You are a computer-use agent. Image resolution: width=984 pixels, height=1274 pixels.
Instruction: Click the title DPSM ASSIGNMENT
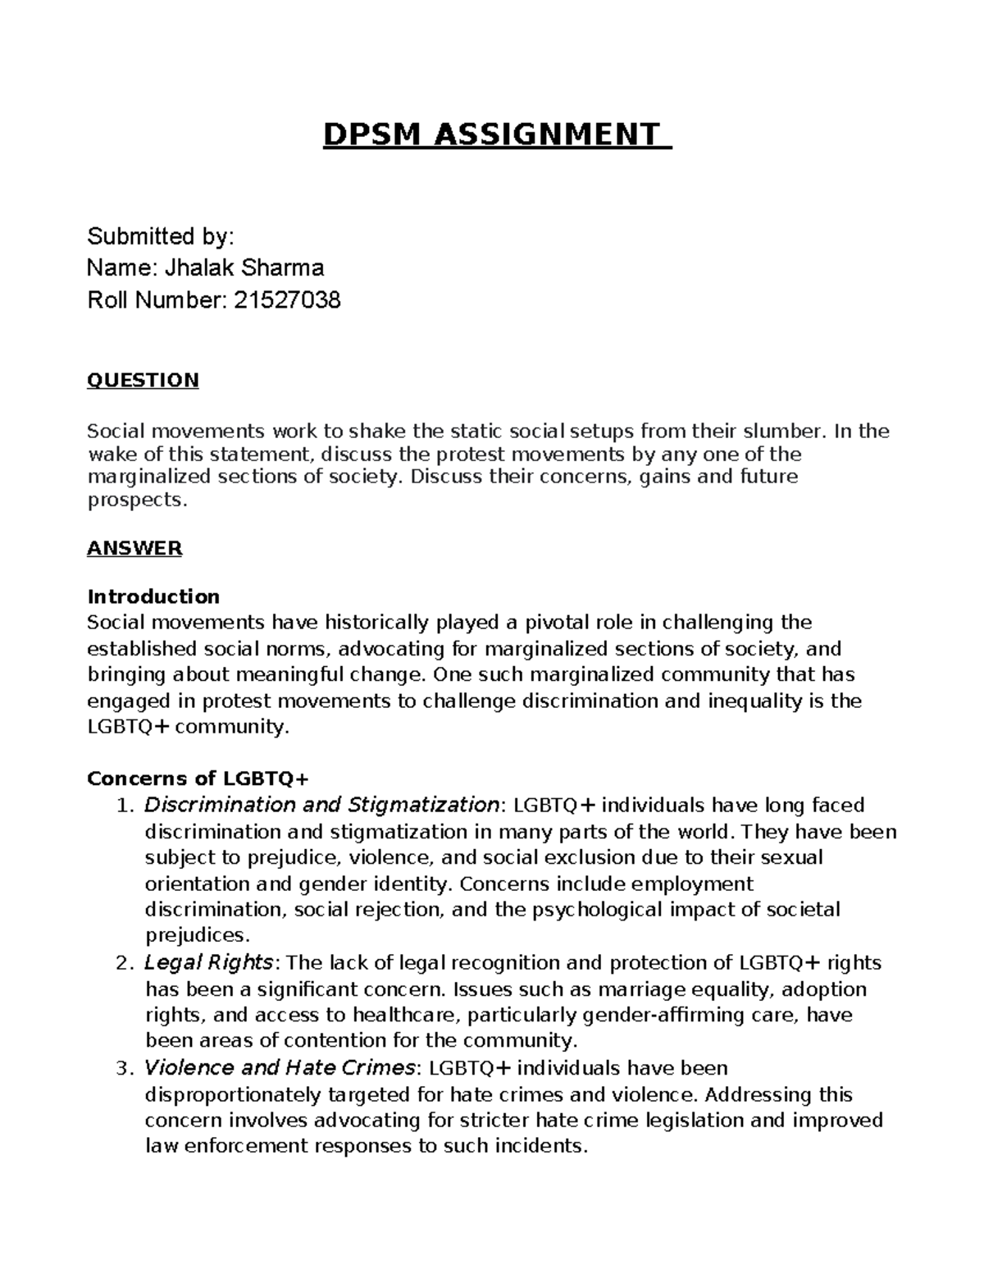pos(496,135)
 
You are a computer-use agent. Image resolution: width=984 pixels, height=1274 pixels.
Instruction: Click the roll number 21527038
pos(286,301)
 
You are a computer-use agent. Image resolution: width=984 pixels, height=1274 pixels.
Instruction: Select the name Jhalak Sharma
pos(245,268)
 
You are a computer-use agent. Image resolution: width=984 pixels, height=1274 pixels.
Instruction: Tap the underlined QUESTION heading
pos(143,380)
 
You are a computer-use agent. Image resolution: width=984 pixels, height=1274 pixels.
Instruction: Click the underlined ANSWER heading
pos(134,548)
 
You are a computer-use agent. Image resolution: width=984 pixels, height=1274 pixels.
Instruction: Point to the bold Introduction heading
pos(153,596)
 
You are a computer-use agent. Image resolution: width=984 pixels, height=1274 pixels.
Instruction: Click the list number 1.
pos(124,805)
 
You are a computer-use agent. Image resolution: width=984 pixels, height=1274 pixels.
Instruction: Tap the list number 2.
pos(124,962)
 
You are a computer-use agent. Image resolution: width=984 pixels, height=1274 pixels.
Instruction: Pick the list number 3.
pos(124,1068)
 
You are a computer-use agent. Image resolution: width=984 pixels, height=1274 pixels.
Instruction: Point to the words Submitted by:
pos(161,237)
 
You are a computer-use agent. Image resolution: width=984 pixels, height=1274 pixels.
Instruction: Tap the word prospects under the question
pos(137,500)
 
